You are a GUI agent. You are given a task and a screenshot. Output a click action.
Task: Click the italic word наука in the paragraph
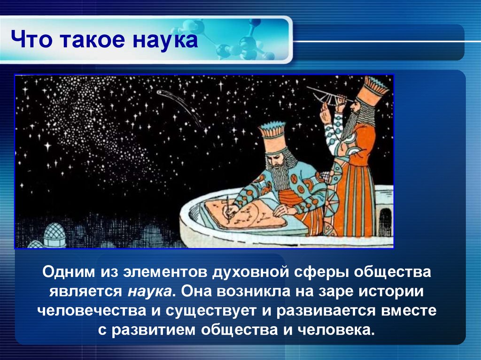[149, 291]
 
